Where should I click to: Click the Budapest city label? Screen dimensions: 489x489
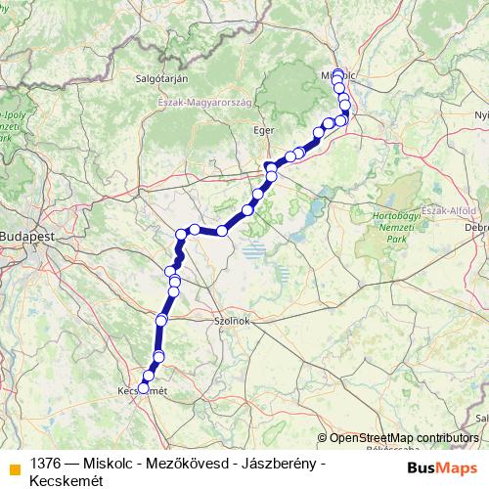25,237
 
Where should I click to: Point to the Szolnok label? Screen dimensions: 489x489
234,320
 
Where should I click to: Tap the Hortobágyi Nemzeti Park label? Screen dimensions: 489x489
396,225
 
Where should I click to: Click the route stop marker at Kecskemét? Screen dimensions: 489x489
143,388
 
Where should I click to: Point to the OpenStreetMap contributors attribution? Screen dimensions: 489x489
404,437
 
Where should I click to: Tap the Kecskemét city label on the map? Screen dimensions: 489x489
137,392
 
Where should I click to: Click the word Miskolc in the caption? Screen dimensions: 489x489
110,462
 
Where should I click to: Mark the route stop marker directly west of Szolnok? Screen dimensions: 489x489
161,320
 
